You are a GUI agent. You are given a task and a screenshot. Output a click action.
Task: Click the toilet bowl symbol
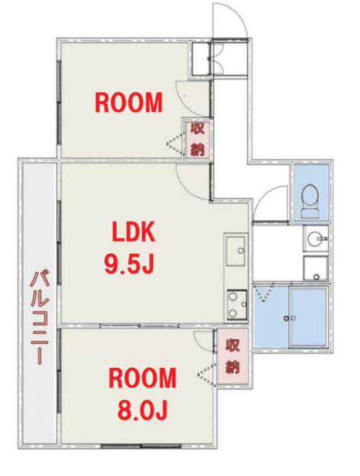311,197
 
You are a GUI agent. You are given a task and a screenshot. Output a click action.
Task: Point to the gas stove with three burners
236,304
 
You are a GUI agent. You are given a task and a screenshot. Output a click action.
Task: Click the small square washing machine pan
315,268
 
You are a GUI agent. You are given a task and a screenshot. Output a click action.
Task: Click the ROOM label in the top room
129,104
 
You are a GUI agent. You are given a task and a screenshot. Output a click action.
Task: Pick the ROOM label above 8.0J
142,378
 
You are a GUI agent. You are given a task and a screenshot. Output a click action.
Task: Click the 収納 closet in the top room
197,138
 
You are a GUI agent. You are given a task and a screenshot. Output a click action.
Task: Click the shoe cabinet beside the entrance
200,58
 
